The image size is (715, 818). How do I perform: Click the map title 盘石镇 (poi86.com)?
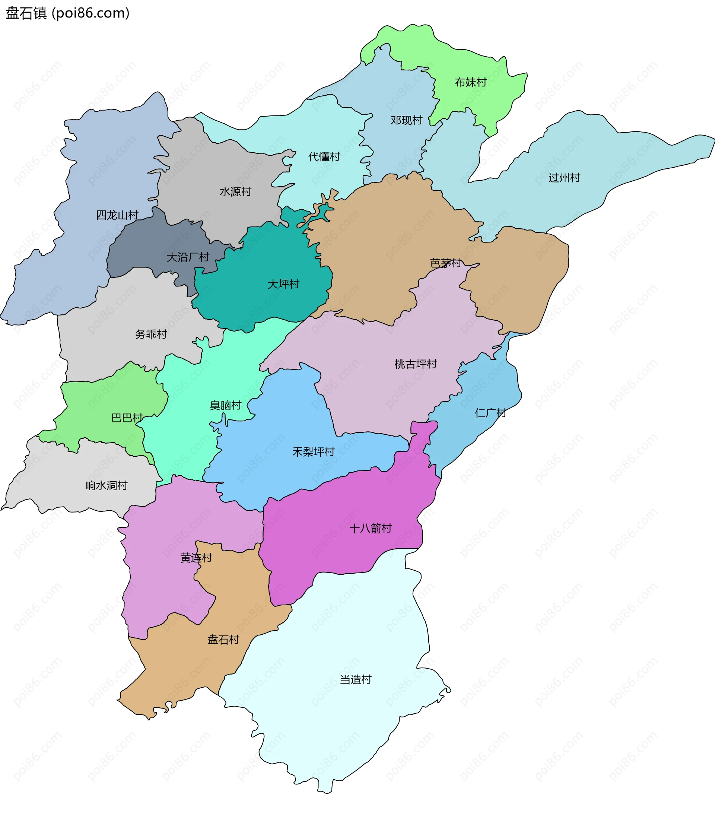(x=67, y=13)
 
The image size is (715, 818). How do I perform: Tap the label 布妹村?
(x=471, y=82)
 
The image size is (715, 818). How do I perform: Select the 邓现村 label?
(x=406, y=120)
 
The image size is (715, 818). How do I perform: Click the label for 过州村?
(x=564, y=178)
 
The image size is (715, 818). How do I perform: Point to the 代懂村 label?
(x=324, y=157)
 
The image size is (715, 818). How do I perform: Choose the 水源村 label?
(x=235, y=192)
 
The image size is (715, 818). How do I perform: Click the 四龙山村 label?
(x=117, y=215)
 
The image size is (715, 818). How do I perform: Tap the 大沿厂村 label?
(x=188, y=257)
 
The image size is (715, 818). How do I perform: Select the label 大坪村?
(x=283, y=284)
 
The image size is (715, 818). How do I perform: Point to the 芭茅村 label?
(x=446, y=263)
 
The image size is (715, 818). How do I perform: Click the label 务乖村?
(x=151, y=334)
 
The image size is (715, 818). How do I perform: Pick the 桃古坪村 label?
(x=415, y=364)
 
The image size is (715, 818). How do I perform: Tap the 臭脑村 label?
(x=225, y=405)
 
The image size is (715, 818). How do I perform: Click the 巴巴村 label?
(x=127, y=418)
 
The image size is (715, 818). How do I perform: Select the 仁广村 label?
(x=490, y=413)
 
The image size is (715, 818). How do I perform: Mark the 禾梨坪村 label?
(x=313, y=452)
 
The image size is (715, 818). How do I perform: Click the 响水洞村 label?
(x=106, y=485)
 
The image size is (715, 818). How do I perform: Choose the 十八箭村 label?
(x=370, y=528)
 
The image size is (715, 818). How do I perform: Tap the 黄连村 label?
(x=196, y=558)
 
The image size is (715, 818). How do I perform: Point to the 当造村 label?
(x=356, y=679)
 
